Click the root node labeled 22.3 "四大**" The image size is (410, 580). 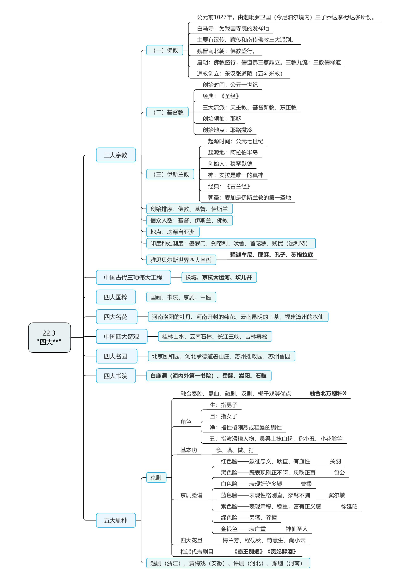click(x=50, y=337)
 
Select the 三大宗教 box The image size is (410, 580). click(x=116, y=155)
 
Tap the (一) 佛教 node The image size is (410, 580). click(x=165, y=50)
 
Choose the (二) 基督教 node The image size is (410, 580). click(x=167, y=112)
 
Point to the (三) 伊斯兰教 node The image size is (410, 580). click(x=170, y=174)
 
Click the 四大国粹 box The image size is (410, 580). click(x=116, y=297)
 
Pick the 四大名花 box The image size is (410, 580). click(x=117, y=317)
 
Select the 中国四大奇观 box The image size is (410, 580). click(x=122, y=336)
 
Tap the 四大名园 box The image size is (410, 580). click(x=117, y=356)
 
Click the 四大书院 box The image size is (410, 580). click(x=116, y=376)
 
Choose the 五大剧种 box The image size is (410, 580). click(x=116, y=520)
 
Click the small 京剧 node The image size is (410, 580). click(x=156, y=478)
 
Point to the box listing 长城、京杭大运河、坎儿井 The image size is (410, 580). click(x=219, y=277)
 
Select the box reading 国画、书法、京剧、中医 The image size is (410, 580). click(x=181, y=297)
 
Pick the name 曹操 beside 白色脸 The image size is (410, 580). click(x=306, y=484)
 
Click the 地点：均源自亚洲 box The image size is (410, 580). click(x=173, y=232)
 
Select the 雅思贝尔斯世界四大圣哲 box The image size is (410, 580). click(x=181, y=260)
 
